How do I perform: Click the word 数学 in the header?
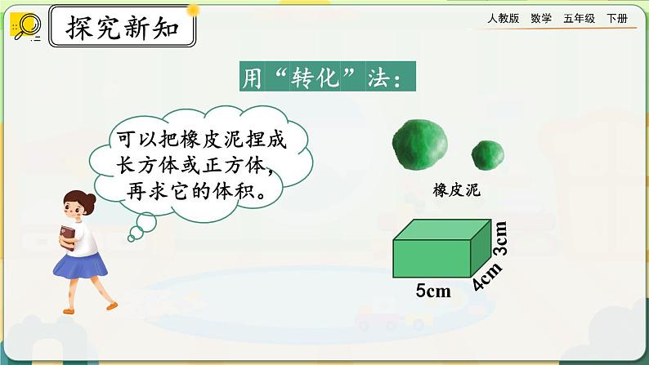tap(540, 18)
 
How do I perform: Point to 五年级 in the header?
tap(579, 18)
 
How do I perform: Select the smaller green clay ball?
tap(488, 154)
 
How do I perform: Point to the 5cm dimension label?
tap(433, 291)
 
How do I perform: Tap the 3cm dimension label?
tap(500, 238)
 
